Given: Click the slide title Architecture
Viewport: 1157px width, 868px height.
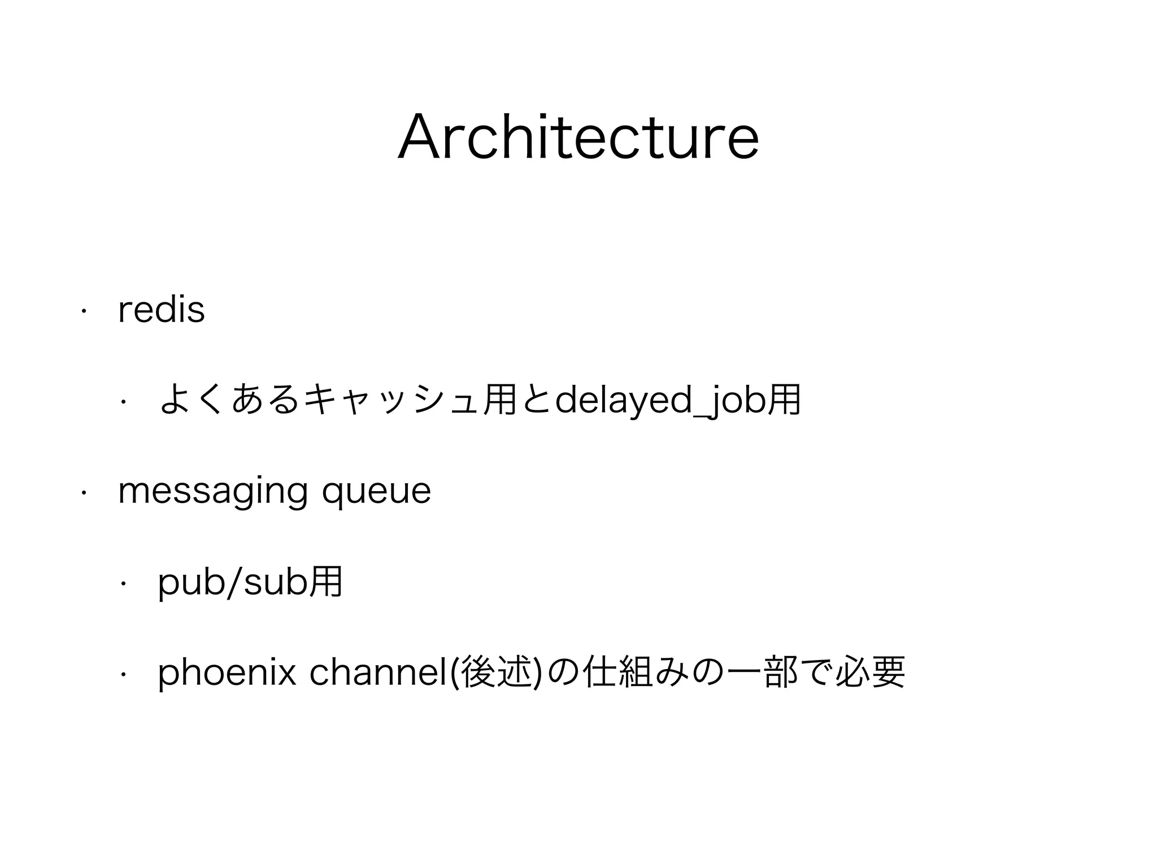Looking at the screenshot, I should click(578, 137).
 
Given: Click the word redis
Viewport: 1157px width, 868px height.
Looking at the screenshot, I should click(162, 310).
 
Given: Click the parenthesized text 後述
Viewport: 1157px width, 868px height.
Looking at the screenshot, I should click(498, 672).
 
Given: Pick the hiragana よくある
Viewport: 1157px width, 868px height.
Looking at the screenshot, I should click(228, 400).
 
